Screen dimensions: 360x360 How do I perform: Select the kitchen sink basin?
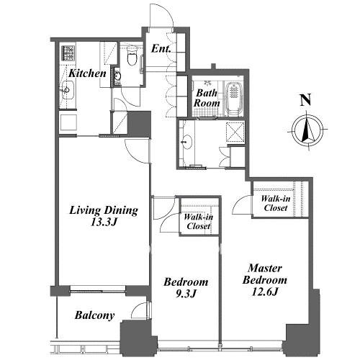68,90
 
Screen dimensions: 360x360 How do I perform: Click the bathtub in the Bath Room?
234,99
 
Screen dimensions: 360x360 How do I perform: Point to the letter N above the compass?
306,100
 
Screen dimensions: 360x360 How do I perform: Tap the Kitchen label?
87,73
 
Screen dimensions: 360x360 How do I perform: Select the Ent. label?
161,49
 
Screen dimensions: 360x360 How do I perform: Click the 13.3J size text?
104,222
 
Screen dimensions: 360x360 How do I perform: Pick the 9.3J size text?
186,294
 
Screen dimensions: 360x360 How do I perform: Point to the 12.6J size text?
265,292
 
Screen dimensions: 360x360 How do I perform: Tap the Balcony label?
94,315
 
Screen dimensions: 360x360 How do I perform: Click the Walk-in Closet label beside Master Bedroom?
276,203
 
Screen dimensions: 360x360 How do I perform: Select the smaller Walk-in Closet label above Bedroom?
198,222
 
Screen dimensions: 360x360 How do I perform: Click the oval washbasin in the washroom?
186,142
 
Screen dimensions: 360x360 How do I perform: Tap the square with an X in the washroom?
235,132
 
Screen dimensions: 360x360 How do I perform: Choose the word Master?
265,268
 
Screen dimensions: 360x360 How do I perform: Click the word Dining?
121,210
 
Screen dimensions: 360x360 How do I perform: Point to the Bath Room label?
207,98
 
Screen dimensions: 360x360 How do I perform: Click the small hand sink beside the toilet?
117,76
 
